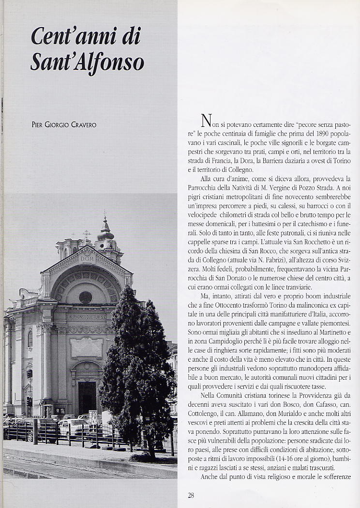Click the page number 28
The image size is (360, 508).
click(191, 495)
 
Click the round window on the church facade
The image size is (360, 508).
click(85, 297)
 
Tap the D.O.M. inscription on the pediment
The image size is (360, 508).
click(87, 259)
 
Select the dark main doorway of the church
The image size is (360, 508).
click(87, 397)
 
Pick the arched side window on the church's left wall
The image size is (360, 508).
click(30, 339)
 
